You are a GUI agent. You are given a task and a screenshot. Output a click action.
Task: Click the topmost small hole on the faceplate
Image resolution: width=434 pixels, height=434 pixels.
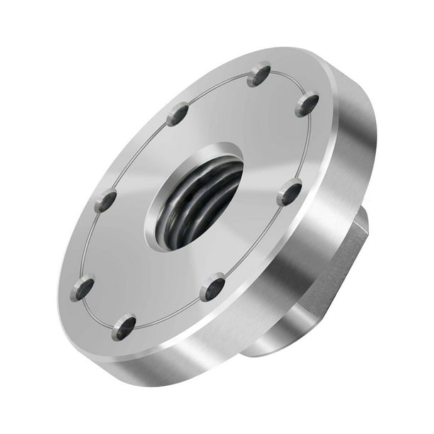(x=260, y=74)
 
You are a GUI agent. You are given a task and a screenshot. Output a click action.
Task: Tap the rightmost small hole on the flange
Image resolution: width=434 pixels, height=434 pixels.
(x=306, y=104)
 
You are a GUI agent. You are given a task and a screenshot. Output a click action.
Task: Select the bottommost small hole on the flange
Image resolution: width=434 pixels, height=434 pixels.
(x=125, y=327)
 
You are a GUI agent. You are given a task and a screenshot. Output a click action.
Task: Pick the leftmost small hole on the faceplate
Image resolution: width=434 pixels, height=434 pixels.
(x=82, y=287)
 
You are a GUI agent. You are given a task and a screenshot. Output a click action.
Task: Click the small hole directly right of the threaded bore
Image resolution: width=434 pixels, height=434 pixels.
(x=289, y=192)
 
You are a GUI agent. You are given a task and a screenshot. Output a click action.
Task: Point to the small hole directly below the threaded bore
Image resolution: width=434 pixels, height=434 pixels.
(x=211, y=288)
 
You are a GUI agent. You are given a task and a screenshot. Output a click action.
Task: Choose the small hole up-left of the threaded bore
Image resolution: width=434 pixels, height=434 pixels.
(x=177, y=113)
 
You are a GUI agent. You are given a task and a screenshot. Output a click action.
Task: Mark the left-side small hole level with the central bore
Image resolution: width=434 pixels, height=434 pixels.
(x=106, y=201)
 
